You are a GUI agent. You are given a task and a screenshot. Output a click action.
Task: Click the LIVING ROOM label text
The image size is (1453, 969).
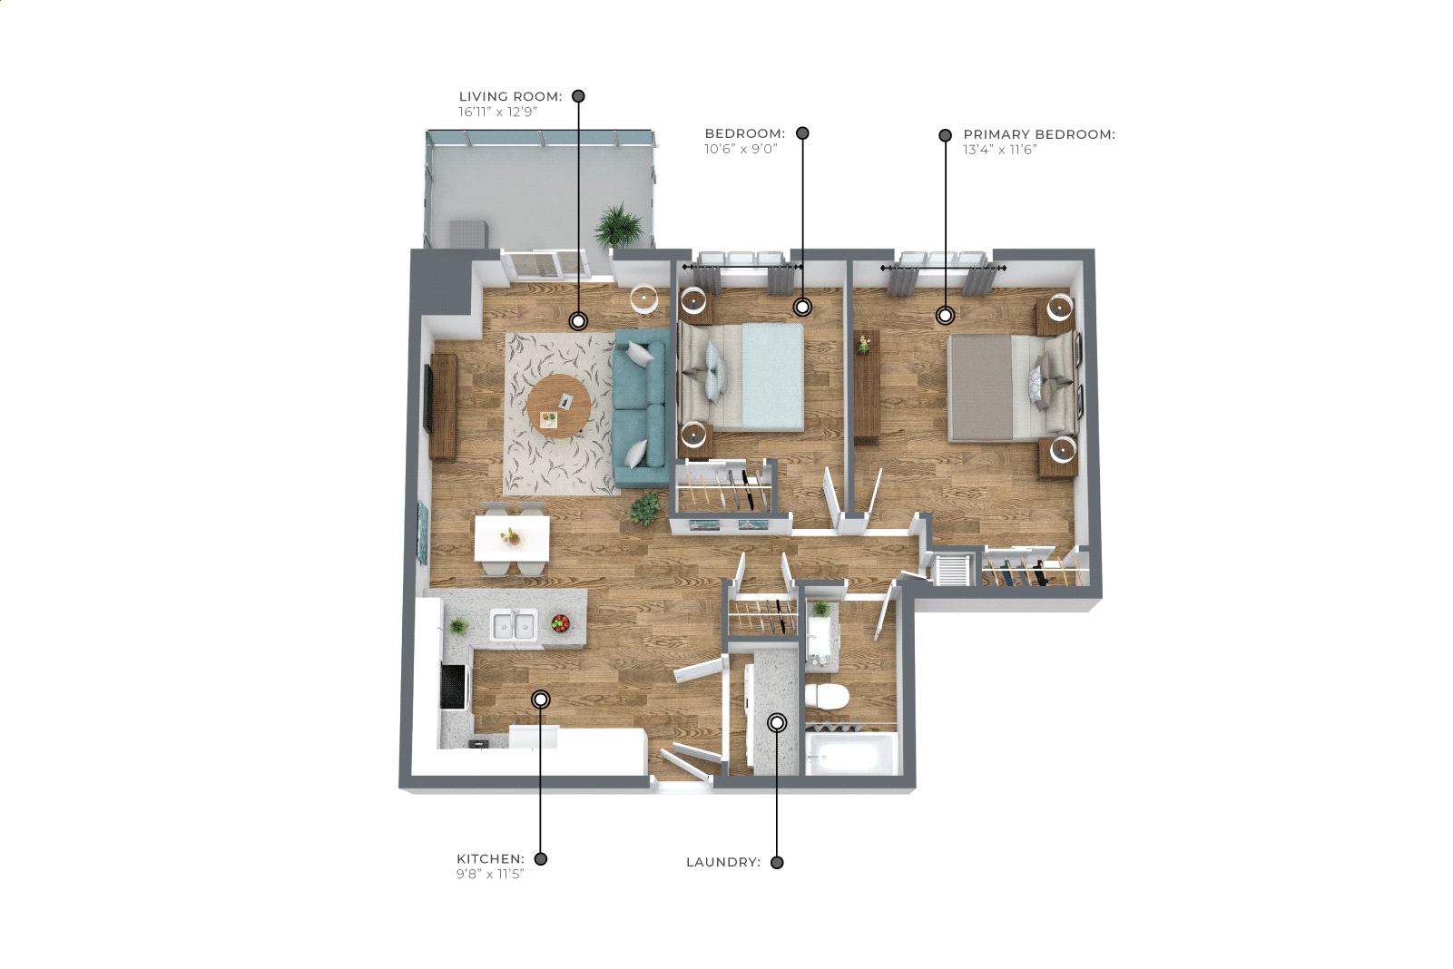510,97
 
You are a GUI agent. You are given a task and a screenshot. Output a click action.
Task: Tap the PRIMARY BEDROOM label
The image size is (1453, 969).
1039,134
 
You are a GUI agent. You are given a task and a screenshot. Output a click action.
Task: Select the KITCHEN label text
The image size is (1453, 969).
490,858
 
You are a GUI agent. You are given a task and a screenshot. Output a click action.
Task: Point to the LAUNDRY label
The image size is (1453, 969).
723,862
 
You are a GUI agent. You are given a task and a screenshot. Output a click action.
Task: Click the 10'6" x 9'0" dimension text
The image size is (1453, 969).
741,149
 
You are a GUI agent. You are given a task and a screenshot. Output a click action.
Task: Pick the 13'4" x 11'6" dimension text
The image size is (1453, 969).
1000,150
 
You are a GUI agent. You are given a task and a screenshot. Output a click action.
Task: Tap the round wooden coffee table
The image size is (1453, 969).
559,406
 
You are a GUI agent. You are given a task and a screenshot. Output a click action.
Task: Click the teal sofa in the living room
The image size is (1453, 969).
640,408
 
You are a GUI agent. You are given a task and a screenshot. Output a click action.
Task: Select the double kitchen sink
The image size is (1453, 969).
513,625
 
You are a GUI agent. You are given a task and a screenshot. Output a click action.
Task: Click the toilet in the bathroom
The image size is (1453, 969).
827,697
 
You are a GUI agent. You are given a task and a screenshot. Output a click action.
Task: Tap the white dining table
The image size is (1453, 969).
513,538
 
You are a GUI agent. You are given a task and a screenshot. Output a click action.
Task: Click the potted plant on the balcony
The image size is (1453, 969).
620,226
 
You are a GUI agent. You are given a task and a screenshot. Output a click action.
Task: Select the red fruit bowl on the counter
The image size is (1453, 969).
561,623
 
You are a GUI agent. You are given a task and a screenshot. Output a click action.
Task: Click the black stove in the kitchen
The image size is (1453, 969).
454,687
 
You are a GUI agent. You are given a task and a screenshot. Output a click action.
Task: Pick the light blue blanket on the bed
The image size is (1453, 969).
772,377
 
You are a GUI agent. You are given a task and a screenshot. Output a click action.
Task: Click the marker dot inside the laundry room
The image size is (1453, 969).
777,722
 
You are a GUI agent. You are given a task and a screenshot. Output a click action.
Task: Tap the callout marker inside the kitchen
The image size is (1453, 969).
541,700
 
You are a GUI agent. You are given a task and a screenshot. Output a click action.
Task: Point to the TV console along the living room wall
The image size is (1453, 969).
444,406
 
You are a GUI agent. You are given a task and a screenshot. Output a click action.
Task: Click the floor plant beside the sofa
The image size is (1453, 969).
644,508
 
